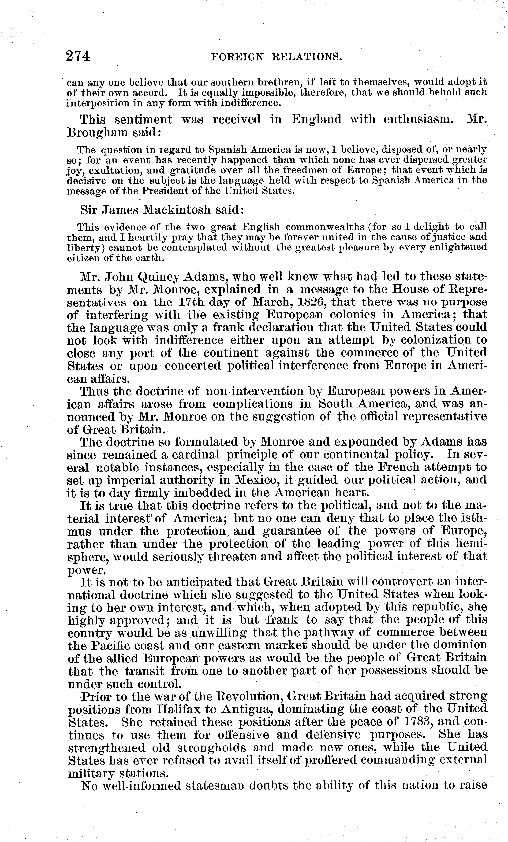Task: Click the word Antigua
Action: point(246,709)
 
